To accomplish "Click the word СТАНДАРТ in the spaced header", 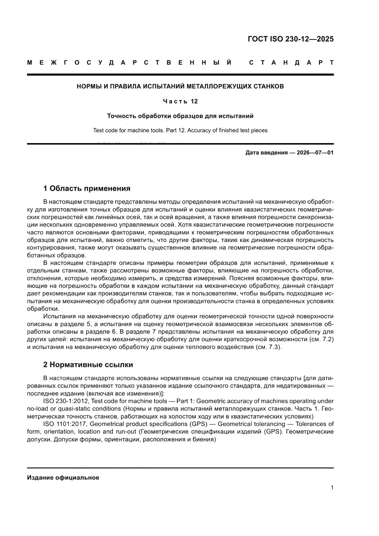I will click(291, 62).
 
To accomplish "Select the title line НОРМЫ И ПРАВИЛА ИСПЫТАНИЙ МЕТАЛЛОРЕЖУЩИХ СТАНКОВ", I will click(180, 86).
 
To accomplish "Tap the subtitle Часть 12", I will click(180, 101).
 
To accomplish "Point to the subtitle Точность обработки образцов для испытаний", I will click(180, 116).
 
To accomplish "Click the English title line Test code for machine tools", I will click(180, 130).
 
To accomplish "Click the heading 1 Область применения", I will click(87, 188).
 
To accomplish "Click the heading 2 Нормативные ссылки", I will click(88, 365).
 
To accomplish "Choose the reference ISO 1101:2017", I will click(64, 424).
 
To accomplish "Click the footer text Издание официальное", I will click(63, 477).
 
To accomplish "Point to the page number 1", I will click(332, 488).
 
